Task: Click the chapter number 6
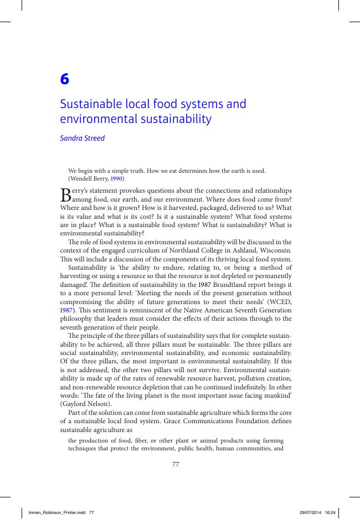tap(64, 80)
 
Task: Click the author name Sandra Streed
tap(82, 138)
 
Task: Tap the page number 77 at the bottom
tap(176, 464)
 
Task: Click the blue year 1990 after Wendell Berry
tap(117, 179)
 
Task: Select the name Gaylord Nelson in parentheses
tap(84, 404)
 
